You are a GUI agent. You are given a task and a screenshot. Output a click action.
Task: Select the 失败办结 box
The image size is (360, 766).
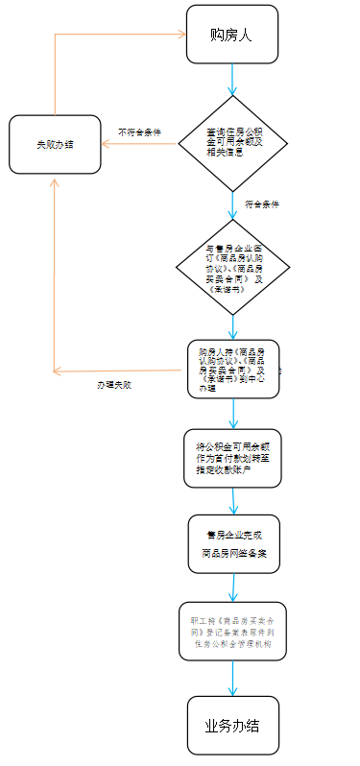[x=55, y=144]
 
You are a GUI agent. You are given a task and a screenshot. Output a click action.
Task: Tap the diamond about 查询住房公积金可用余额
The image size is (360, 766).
[x=233, y=144]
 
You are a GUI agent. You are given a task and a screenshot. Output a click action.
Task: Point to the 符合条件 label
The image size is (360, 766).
[x=262, y=204]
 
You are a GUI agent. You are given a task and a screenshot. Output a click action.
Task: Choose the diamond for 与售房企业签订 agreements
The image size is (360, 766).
[x=233, y=267]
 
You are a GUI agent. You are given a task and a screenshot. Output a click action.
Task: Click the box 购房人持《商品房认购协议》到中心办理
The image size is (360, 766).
[x=233, y=369]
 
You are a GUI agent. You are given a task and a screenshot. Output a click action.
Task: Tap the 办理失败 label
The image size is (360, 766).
[x=113, y=384]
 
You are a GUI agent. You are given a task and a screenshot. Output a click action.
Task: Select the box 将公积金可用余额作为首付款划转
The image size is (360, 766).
[x=233, y=459]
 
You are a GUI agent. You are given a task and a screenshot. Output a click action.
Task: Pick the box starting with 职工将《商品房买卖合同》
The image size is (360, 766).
[x=233, y=631]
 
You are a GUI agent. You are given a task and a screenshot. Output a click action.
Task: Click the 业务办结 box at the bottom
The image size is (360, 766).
[x=233, y=724]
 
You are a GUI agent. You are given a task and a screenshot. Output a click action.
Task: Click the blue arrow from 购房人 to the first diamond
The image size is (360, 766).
[x=232, y=81]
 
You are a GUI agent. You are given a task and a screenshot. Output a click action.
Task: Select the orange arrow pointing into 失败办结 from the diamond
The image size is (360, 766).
[x=139, y=144]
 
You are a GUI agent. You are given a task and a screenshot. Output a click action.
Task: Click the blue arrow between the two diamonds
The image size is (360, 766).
[x=233, y=205]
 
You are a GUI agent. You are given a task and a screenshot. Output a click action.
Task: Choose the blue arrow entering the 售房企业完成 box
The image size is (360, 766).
[x=233, y=502]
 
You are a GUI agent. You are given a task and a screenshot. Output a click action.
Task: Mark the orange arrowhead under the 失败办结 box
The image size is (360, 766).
[x=55, y=180]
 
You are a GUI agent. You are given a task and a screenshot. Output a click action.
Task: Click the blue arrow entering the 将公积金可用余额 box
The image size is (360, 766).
[x=233, y=413]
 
